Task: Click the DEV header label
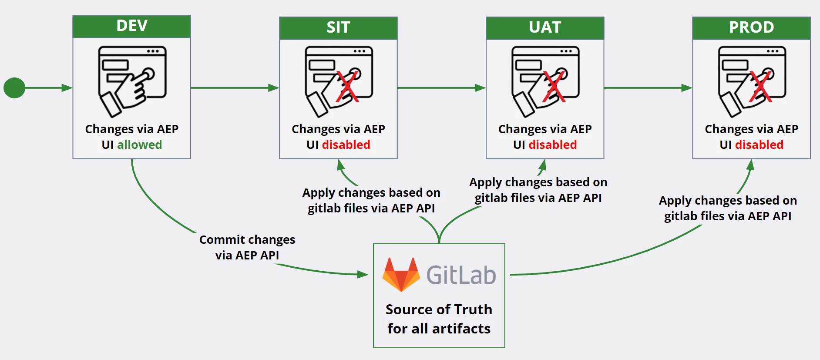[132, 26]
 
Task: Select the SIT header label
[338, 27]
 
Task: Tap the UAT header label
[545, 27]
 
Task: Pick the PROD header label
[751, 27]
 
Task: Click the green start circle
[14, 88]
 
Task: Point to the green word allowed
[139, 145]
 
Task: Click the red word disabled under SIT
[346, 145]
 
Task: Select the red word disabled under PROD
[759, 145]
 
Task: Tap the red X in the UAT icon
[554, 87]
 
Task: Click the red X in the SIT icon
[347, 87]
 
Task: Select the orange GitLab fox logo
[401, 275]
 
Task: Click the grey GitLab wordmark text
[461, 275]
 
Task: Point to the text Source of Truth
[439, 310]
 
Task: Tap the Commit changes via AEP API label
[247, 247]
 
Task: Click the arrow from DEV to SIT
[235, 88]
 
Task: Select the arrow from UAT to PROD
[648, 88]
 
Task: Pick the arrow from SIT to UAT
[441, 88]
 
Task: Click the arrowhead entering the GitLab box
[363, 274]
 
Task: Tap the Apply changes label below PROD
[728, 208]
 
